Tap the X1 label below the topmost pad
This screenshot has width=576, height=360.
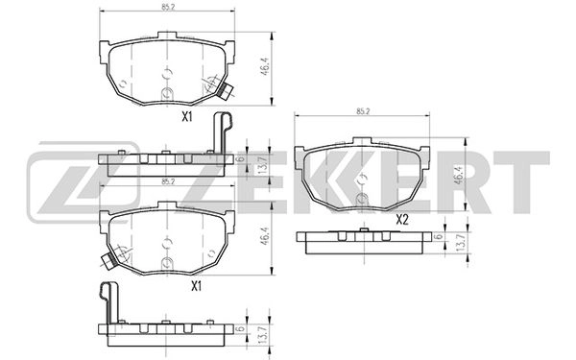click(x=188, y=117)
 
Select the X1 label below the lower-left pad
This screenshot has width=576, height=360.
click(x=195, y=285)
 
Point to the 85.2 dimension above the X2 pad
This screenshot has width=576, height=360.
click(x=362, y=112)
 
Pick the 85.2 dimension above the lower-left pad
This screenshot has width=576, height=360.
click(x=167, y=181)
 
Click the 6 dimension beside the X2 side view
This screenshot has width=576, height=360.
click(x=439, y=237)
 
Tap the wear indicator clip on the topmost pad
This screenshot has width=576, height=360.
click(x=228, y=92)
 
